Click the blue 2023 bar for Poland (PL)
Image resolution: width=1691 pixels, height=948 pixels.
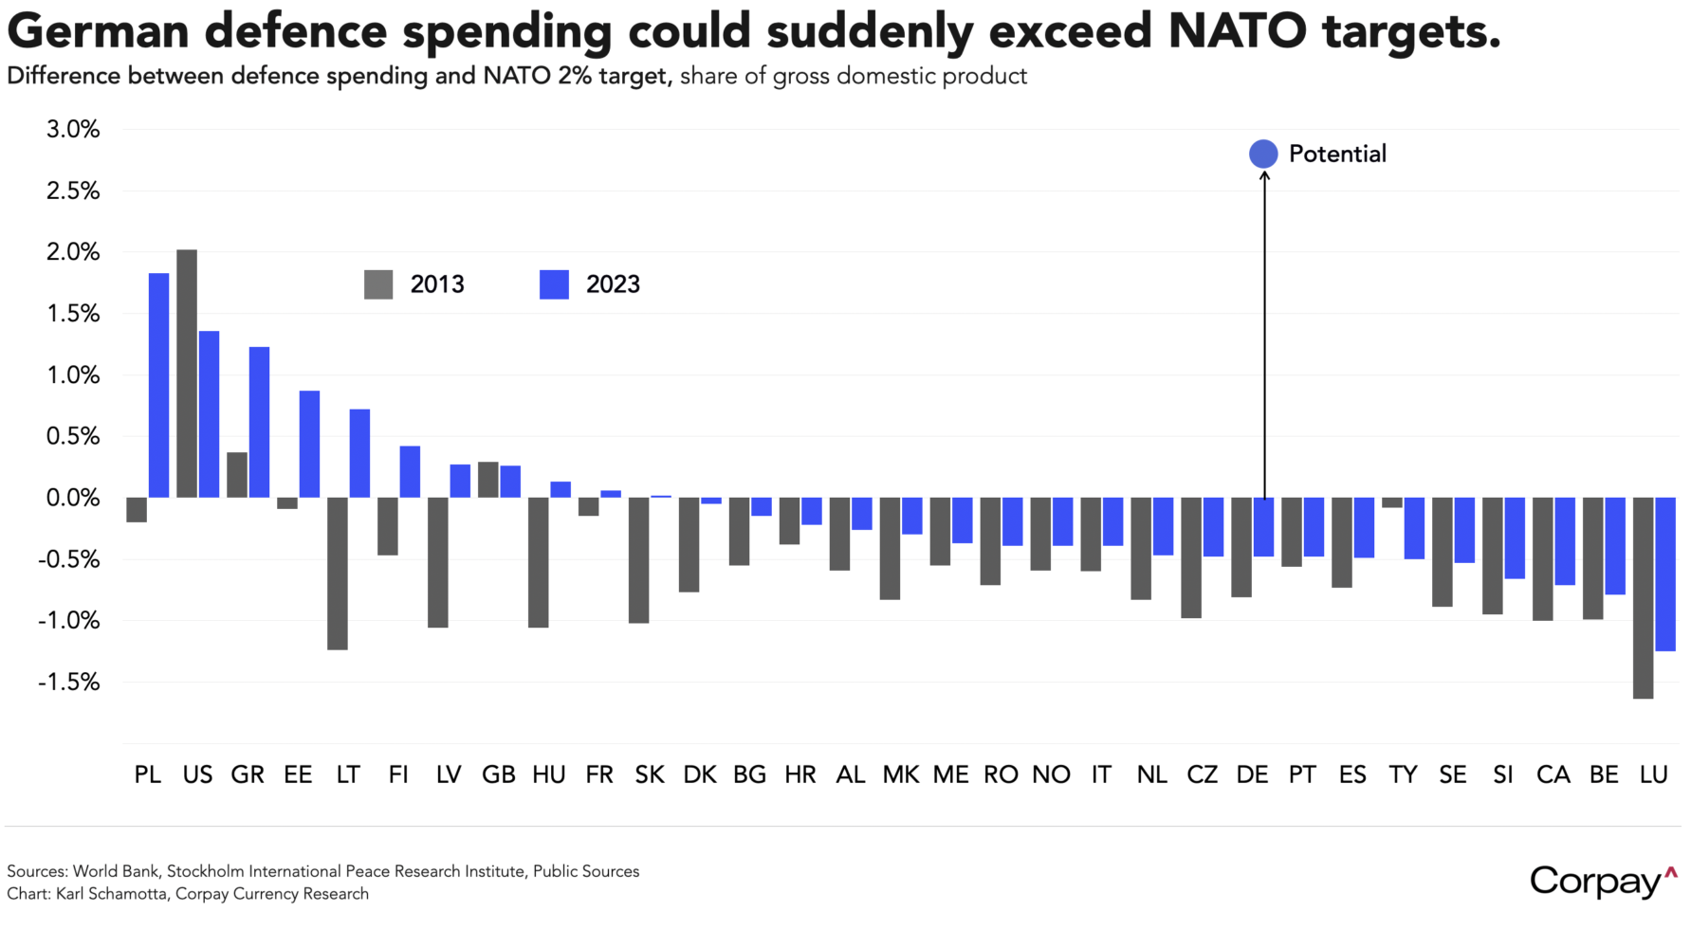[158, 385]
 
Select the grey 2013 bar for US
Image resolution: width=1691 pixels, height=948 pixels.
[187, 374]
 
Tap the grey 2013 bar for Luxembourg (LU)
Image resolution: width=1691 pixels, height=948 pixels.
[1644, 597]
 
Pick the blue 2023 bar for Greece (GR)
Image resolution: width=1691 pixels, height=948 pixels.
[259, 422]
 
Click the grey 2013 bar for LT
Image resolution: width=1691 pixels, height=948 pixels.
[337, 573]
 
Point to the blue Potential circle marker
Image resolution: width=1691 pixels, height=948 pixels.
[1263, 154]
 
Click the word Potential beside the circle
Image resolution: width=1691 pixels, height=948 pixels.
[1337, 155]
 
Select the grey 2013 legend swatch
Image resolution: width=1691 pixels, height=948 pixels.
[378, 284]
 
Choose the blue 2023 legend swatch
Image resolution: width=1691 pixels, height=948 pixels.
[554, 284]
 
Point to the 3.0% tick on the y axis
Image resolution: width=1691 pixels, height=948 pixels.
[73, 130]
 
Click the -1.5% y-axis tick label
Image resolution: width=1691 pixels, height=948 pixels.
[69, 683]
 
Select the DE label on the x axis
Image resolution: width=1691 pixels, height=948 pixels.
[1252, 775]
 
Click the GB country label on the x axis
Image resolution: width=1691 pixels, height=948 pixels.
[498, 775]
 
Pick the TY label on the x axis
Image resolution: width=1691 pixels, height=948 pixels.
[1403, 775]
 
